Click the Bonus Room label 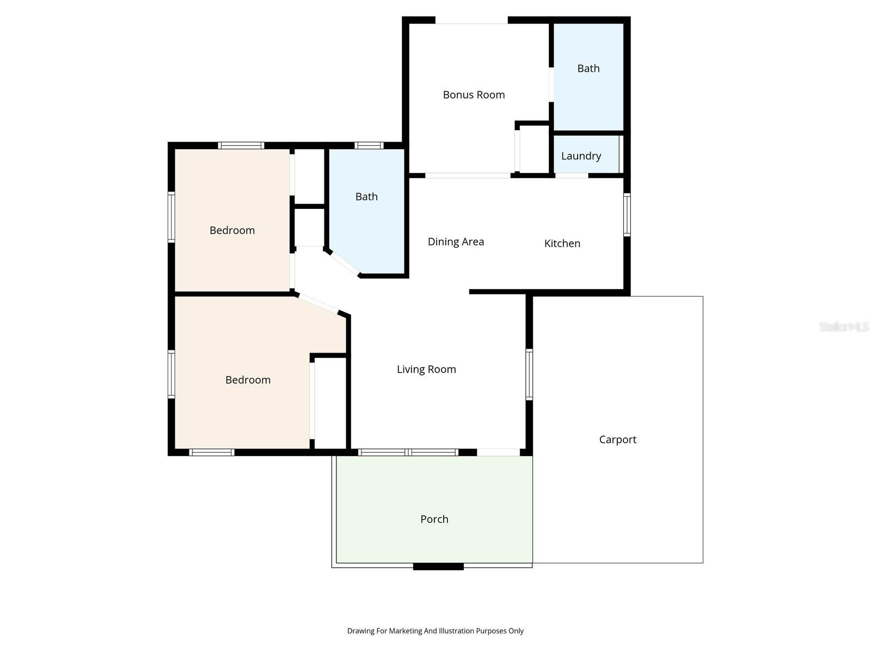(x=474, y=95)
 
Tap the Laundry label (x=581, y=156)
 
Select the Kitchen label (x=562, y=243)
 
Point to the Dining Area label (x=456, y=242)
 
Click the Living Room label (x=426, y=369)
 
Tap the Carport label (x=617, y=440)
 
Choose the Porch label (x=434, y=519)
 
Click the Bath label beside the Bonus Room (x=588, y=69)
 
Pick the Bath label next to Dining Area (x=366, y=197)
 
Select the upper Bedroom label (x=232, y=230)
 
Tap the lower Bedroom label (x=248, y=380)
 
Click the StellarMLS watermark (x=843, y=327)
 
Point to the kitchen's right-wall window (x=627, y=214)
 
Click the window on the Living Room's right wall (x=529, y=374)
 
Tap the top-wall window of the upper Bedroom (x=241, y=145)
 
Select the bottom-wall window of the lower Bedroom (x=212, y=452)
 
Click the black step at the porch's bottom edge (x=438, y=566)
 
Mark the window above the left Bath (x=369, y=145)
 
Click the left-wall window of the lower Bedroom (x=171, y=374)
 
